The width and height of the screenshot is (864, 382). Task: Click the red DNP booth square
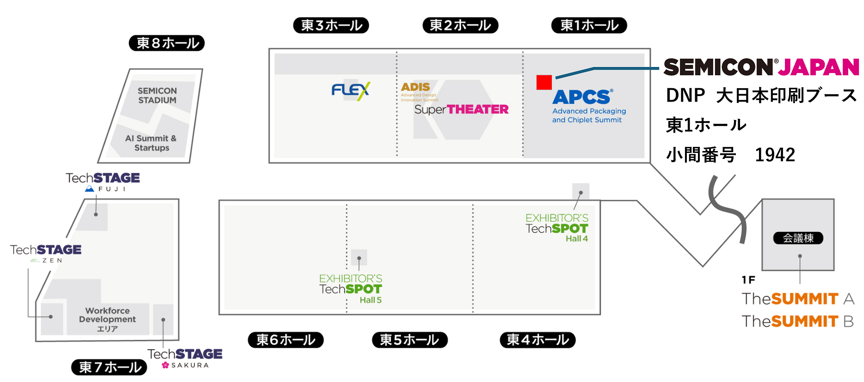pyautogui.click(x=544, y=82)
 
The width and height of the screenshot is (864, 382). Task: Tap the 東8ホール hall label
pyautogui.click(x=167, y=43)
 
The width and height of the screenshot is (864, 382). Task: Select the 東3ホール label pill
pyautogui.click(x=331, y=25)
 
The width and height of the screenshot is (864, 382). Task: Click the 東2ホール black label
pyautogui.click(x=460, y=25)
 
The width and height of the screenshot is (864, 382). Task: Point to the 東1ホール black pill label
pyautogui.click(x=589, y=25)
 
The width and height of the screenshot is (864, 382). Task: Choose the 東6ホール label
pyautogui.click(x=286, y=340)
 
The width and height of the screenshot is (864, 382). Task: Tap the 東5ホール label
pyautogui.click(x=410, y=340)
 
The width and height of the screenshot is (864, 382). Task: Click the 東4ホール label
pyautogui.click(x=537, y=340)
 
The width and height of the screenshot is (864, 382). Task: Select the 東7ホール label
pyautogui.click(x=109, y=367)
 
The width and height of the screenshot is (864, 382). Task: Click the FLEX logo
pyautogui.click(x=351, y=91)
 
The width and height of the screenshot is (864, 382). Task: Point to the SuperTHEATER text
pyautogui.click(x=461, y=109)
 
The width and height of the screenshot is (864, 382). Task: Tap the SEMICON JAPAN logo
pyautogui.click(x=761, y=67)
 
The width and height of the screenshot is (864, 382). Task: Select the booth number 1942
pyautogui.click(x=775, y=155)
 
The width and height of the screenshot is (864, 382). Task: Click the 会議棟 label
pyautogui.click(x=798, y=238)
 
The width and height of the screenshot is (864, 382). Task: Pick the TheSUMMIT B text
pyautogui.click(x=797, y=321)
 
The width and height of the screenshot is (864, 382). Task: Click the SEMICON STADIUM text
pyautogui.click(x=157, y=96)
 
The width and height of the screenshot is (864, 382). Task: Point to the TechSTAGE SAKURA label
pyautogui.click(x=185, y=358)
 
